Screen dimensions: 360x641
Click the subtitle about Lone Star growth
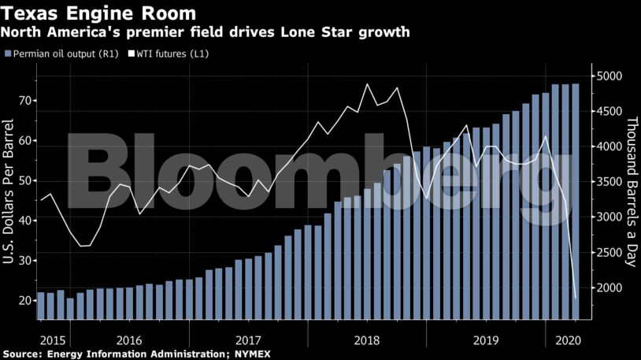206,33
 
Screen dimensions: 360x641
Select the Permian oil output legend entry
57,54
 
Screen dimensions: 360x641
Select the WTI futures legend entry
168,54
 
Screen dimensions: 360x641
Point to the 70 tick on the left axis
24,101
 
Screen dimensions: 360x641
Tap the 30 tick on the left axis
24,261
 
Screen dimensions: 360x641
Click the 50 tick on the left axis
24,180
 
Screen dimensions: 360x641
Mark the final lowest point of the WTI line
576,299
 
